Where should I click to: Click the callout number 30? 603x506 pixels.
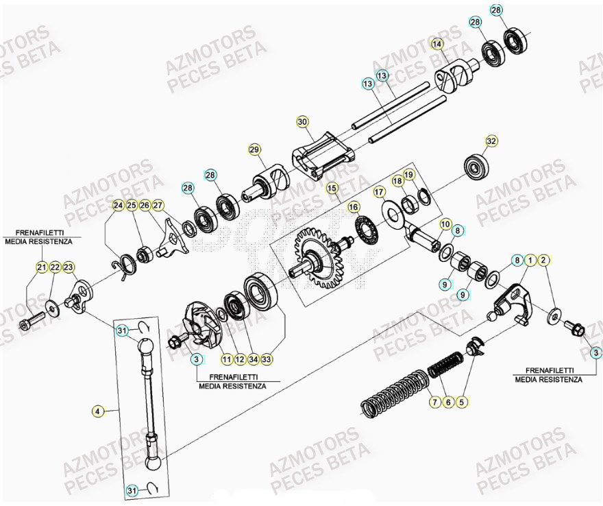point(302,121)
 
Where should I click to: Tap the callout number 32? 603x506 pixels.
point(491,141)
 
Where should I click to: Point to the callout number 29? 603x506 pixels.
point(254,149)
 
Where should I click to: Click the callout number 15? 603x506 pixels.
point(332,187)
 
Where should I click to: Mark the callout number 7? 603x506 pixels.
point(433,403)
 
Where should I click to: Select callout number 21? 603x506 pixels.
point(42,267)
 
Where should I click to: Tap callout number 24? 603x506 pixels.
point(118,205)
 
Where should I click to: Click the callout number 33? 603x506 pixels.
point(267,358)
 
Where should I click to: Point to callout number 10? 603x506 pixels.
point(445,224)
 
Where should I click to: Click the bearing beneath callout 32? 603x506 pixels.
point(474,167)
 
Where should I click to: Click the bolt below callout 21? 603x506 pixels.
point(32,317)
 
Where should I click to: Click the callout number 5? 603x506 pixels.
point(461,403)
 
